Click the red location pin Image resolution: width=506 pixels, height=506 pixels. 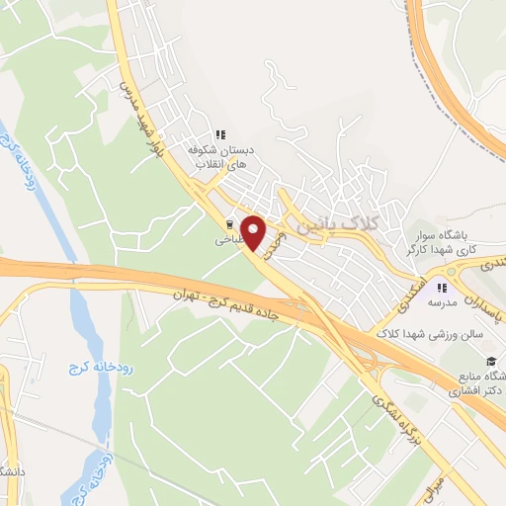(255, 233)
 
